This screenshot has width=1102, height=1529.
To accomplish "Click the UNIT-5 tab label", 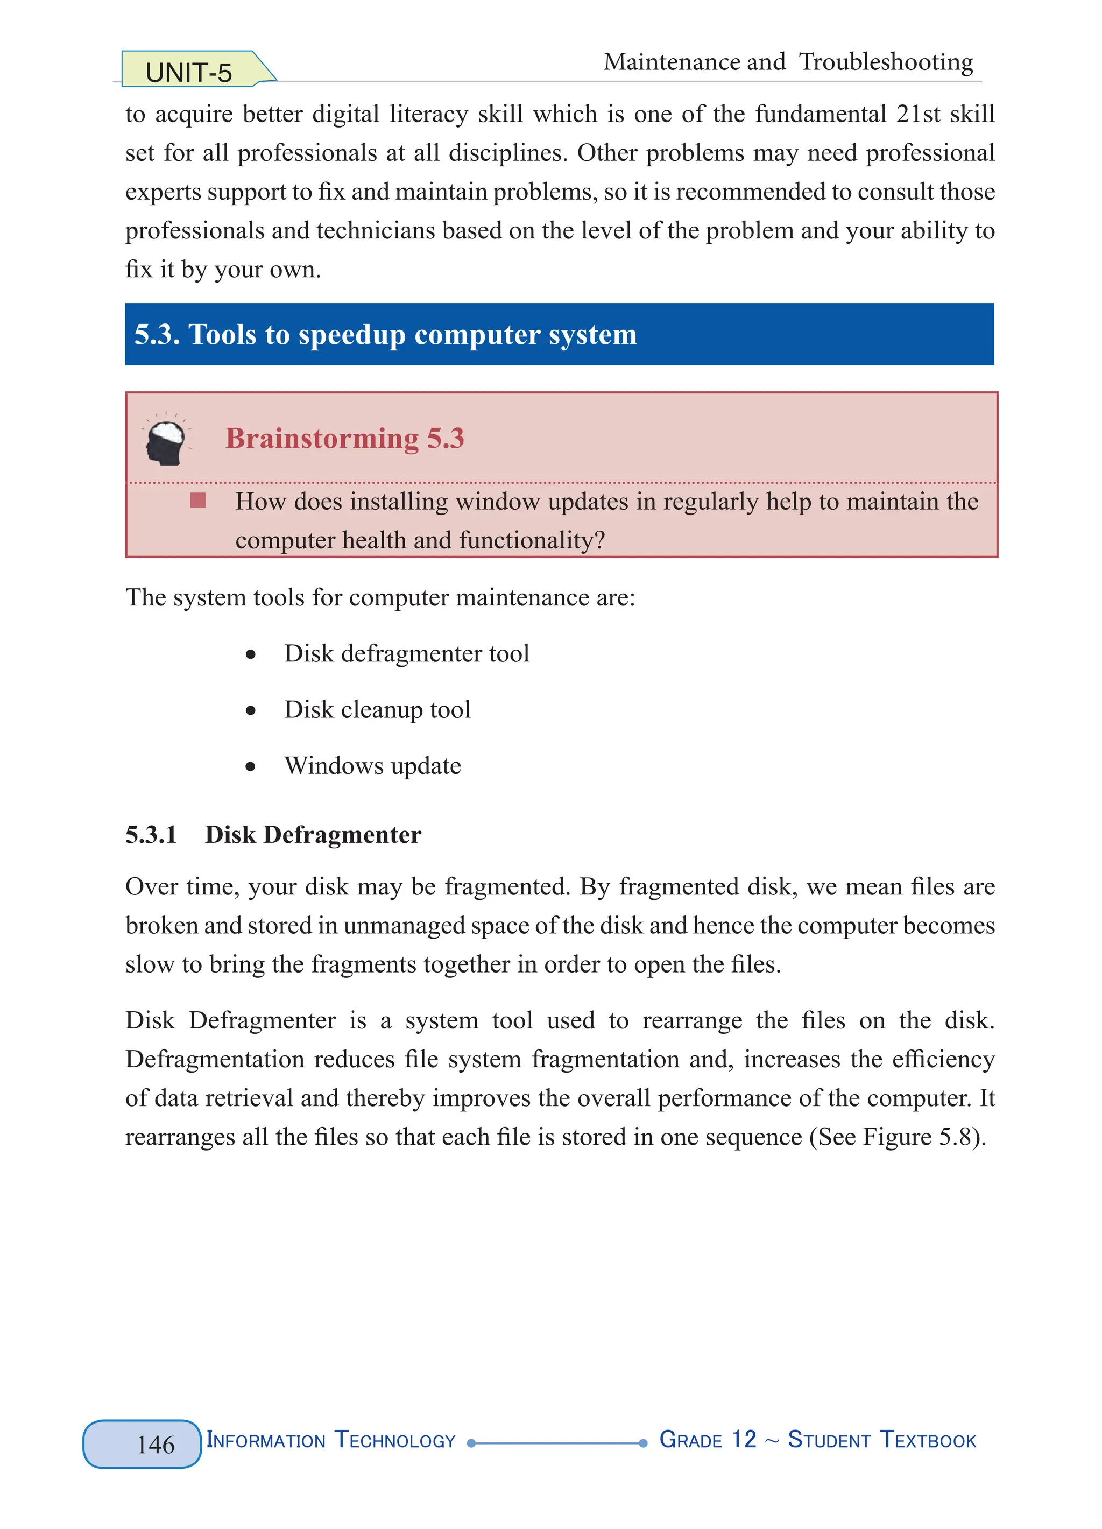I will click(x=189, y=72).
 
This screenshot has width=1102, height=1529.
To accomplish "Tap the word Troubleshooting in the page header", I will click(x=885, y=62).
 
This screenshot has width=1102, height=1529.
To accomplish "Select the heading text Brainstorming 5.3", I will click(x=344, y=438).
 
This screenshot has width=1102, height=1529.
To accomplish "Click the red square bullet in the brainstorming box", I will click(x=197, y=500).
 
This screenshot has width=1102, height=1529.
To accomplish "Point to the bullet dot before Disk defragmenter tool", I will click(x=251, y=654).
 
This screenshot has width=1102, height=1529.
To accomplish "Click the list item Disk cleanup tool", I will click(x=377, y=710).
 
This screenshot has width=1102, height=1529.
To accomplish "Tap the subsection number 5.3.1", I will click(x=151, y=835).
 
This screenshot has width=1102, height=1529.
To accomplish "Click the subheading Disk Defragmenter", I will click(x=313, y=835).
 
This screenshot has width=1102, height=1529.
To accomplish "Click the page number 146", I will click(x=155, y=1444).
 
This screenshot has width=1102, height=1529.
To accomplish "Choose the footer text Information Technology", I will click(x=330, y=1440).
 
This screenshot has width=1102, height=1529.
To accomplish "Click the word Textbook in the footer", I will click(x=928, y=1440).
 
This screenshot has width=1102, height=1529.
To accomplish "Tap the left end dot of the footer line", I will click(x=472, y=1443).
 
